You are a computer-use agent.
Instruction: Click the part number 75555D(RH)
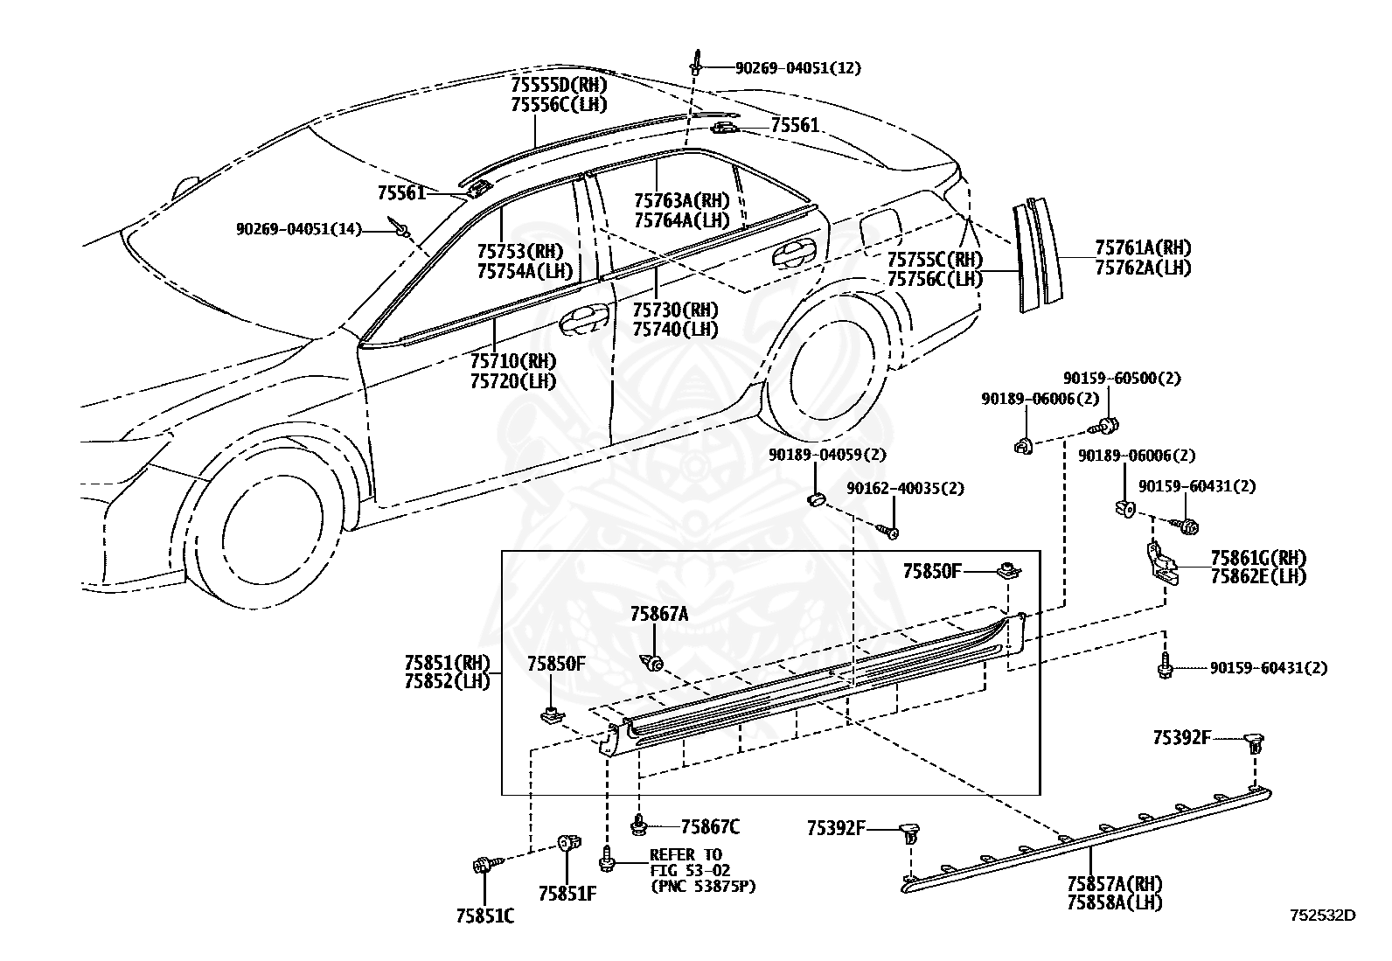(559, 85)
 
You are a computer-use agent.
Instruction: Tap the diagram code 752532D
(1322, 915)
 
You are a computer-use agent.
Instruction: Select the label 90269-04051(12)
(798, 67)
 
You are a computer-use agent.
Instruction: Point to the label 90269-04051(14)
(298, 229)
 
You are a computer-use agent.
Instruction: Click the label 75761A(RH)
(1143, 248)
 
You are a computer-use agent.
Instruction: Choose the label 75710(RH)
(512, 361)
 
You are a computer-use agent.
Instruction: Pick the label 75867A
(659, 614)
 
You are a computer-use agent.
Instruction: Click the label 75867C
(710, 826)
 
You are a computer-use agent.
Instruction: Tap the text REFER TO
(686, 854)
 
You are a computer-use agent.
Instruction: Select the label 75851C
(485, 916)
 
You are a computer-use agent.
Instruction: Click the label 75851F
(567, 894)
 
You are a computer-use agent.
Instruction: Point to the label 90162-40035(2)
(906, 489)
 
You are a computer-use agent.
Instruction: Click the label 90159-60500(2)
(1122, 378)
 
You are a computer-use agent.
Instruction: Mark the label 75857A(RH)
(1115, 883)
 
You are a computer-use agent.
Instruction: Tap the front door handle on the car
(583, 320)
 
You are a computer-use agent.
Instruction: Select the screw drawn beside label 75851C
(488, 864)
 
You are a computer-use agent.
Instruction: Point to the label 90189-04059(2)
(827, 455)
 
